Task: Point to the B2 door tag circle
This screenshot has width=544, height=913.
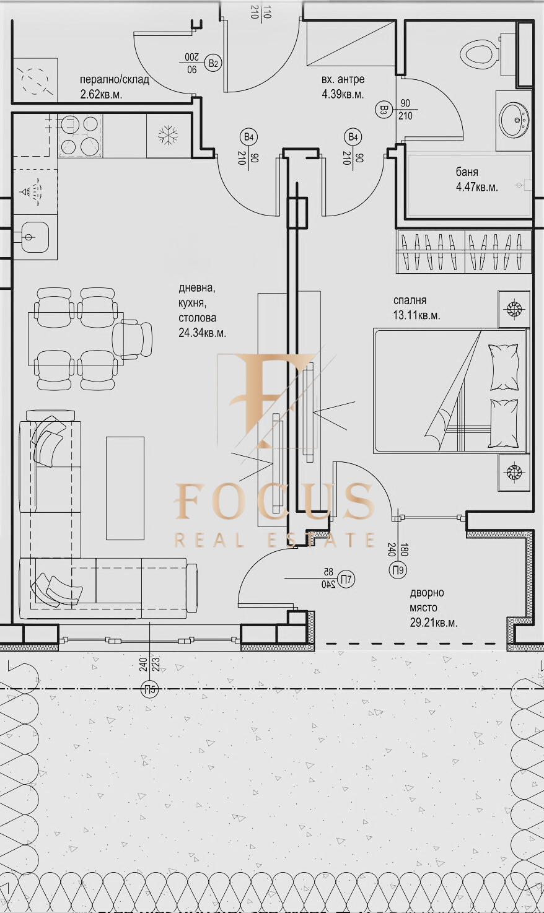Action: coord(213,63)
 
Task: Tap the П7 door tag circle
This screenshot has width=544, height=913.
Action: coord(347,579)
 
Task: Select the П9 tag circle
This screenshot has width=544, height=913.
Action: coord(398,569)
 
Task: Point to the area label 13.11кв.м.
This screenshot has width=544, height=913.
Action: coord(417,315)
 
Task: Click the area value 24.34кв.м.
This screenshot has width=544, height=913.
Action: coord(202,333)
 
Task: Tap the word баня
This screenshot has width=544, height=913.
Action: coord(467,172)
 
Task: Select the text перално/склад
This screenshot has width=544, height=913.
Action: coord(115,79)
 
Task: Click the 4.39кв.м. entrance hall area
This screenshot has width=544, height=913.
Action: coord(343,95)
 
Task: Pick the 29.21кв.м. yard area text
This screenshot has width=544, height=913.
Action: coord(434,623)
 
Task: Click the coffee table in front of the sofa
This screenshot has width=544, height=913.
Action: coord(125,488)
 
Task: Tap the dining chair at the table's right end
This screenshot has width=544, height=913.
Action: coord(133,339)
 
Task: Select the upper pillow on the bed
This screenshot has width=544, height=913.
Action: coord(503,367)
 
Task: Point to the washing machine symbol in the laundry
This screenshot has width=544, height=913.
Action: coord(34,79)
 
